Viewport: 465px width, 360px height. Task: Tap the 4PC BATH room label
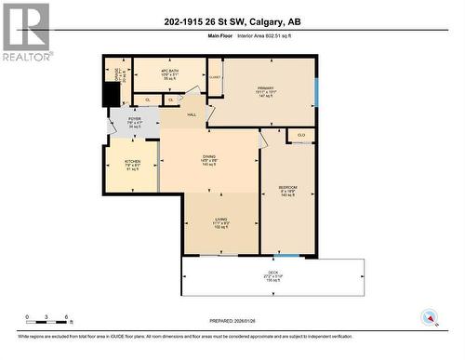168,75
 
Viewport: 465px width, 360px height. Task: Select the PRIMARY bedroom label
267,92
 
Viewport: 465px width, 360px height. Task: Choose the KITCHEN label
133,166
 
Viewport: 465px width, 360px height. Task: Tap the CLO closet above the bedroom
301,136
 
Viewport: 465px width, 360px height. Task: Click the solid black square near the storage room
112,97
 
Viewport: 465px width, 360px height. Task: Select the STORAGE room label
118,78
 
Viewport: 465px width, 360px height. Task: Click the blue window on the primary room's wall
315,90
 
